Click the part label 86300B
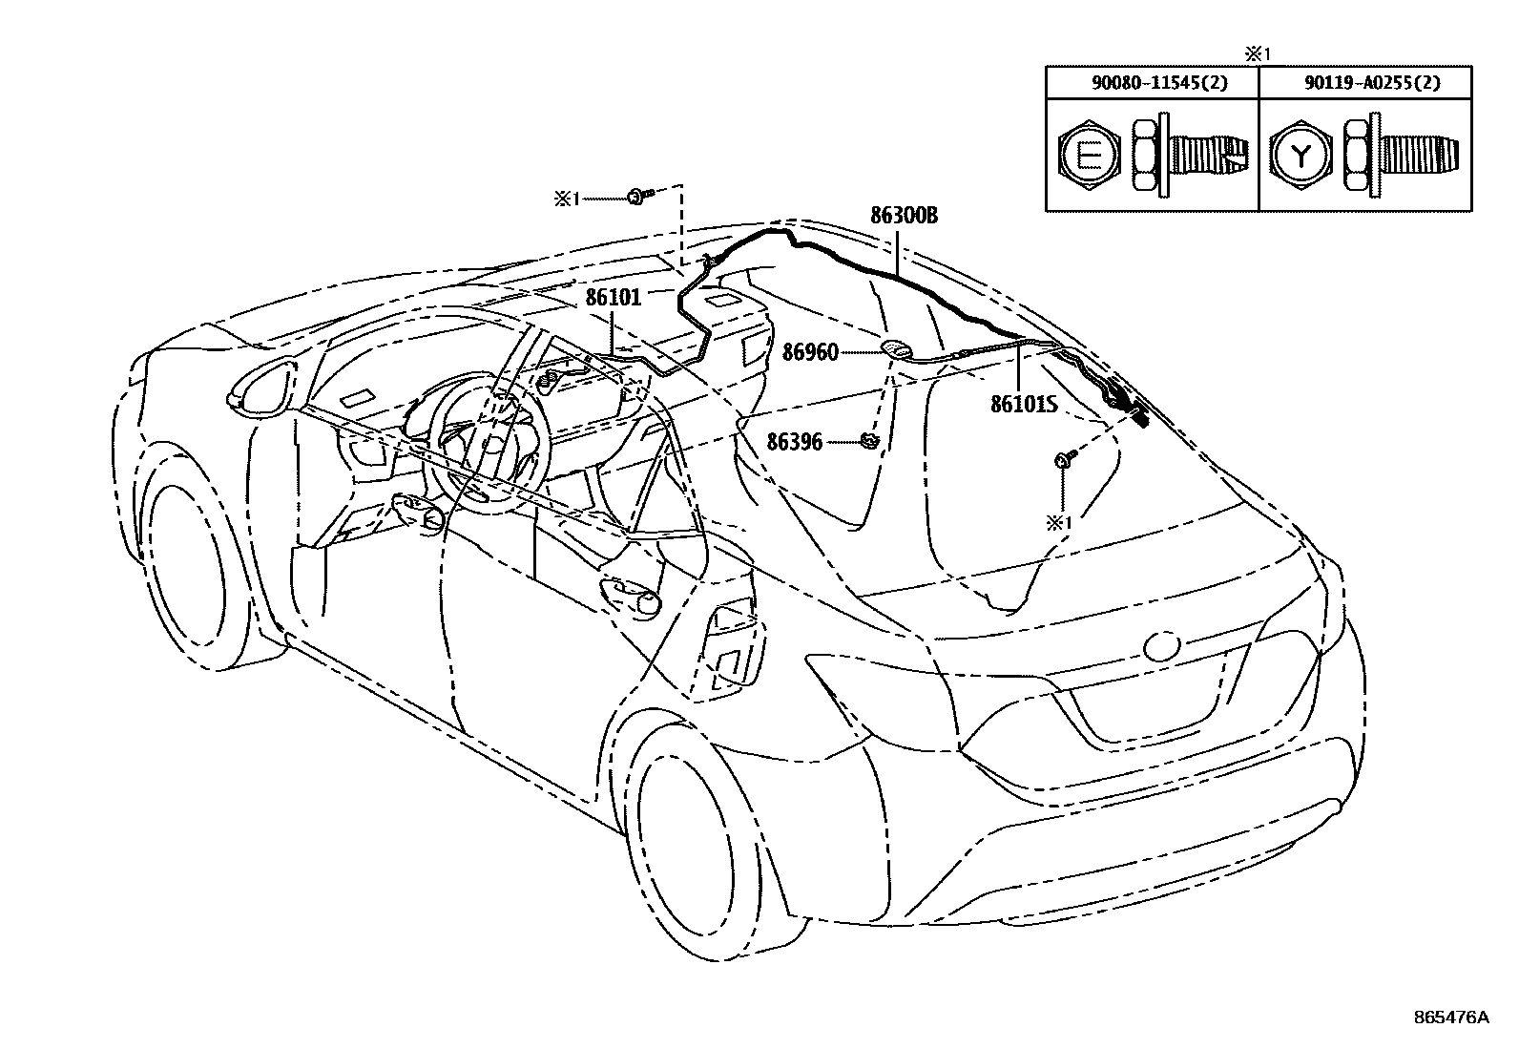click(x=904, y=216)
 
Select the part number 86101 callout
click(x=613, y=298)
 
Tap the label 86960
click(x=810, y=353)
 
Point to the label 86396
click(x=795, y=442)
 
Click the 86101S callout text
click(x=1024, y=405)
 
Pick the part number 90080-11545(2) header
click(x=1152, y=83)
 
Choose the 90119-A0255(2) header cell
click(x=1365, y=83)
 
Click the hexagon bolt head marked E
click(x=1086, y=156)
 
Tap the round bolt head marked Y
click(x=1299, y=156)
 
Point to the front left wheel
click(x=193, y=573)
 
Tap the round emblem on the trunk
click(x=1162, y=645)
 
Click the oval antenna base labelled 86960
click(x=896, y=350)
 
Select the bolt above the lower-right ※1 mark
click(x=1064, y=461)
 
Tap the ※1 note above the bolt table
click(x=1259, y=53)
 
